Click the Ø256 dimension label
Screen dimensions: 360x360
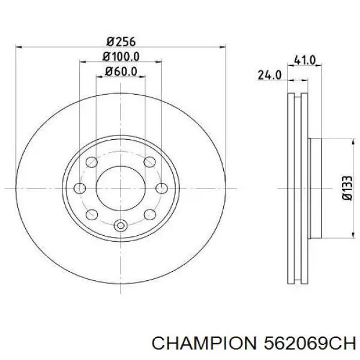click(121, 41)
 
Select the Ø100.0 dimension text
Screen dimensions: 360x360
click(121, 56)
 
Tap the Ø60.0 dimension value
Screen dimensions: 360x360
click(121, 71)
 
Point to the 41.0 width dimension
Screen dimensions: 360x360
click(305, 60)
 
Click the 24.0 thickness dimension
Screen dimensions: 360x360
click(269, 75)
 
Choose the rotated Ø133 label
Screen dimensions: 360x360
click(347, 188)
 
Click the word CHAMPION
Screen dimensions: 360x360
click(204, 344)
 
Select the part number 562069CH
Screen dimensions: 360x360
click(310, 344)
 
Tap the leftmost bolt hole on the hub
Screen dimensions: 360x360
click(80, 188)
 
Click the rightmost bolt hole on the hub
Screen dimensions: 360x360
click(161, 188)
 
